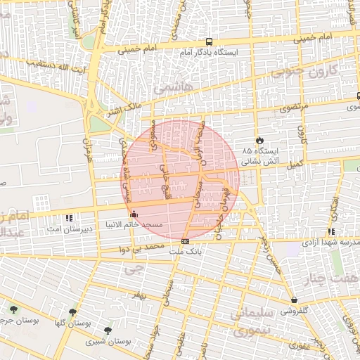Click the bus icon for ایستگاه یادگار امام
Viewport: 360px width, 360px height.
pyautogui.click(x=209, y=43)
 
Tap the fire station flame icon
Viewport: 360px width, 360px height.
pyautogui.click(x=261, y=140)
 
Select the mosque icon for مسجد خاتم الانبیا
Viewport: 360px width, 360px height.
pyautogui.click(x=134, y=214)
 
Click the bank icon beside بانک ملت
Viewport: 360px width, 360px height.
pyautogui.click(x=185, y=240)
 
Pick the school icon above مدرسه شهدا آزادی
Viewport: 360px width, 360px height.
pyautogui.click(x=330, y=231)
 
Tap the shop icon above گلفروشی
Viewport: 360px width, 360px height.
pyautogui.click(x=293, y=300)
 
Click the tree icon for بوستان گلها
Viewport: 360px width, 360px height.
pyautogui.click(x=72, y=312)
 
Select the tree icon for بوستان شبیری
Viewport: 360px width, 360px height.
pyautogui.click(x=108, y=330)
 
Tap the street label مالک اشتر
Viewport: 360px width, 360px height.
pyautogui.click(x=124, y=109)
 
